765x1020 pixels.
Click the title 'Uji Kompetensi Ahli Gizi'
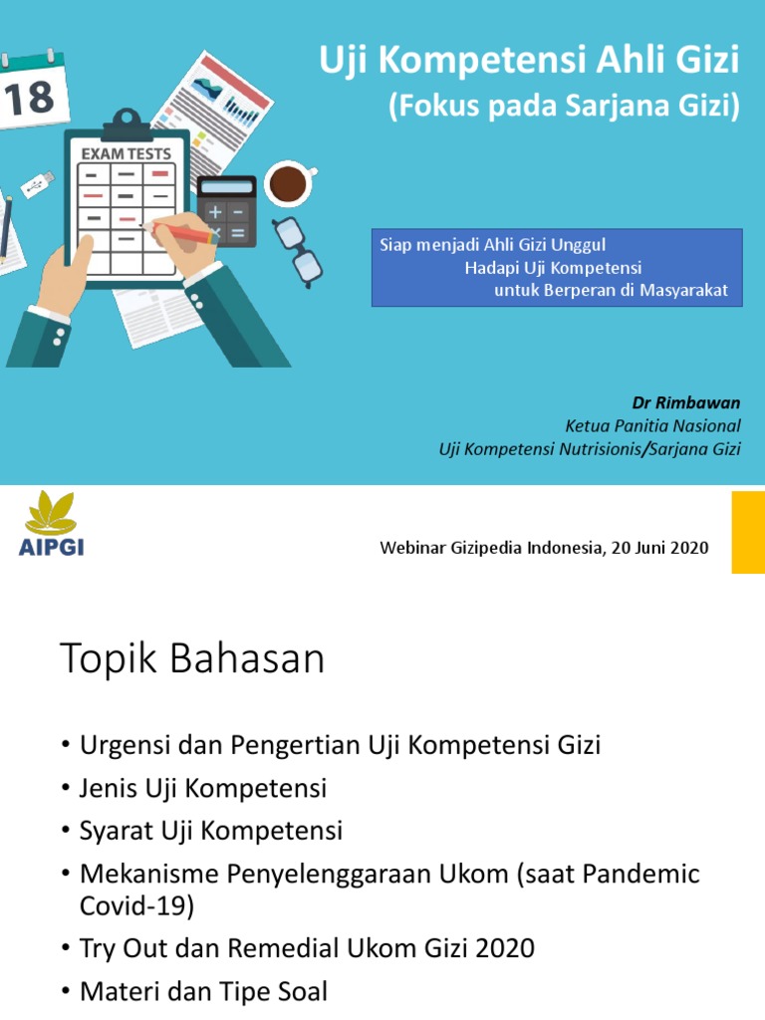coord(529,62)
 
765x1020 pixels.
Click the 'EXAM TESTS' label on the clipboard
coord(126,154)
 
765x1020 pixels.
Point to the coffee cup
coord(288,183)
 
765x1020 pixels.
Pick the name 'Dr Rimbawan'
coord(686,403)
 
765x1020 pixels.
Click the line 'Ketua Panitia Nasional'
coord(652,426)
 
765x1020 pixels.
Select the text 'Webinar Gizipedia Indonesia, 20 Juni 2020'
coord(545,548)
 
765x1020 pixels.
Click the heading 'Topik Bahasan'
coord(192,659)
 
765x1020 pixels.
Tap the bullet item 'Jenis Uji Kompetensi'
coord(203,788)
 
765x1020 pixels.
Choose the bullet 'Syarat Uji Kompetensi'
coord(210,831)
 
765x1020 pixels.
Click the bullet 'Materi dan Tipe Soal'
coord(203,992)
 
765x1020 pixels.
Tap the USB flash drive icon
coord(36,186)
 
